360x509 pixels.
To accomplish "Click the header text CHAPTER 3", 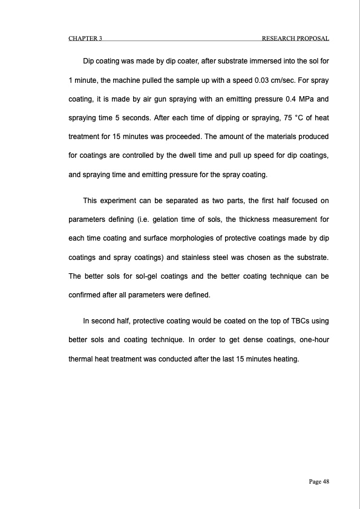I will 85,39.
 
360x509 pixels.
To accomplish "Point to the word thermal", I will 79,358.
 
